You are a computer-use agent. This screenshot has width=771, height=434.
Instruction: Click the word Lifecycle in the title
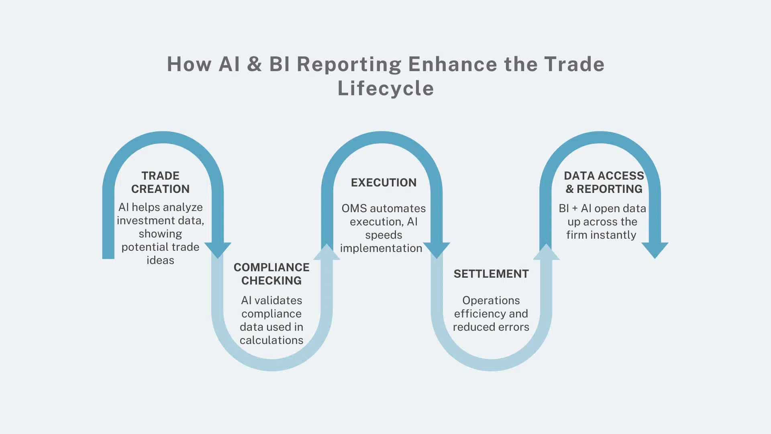[x=385, y=88]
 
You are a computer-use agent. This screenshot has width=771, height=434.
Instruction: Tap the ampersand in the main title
[x=255, y=64]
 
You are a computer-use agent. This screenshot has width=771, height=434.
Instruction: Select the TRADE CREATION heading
[x=160, y=182]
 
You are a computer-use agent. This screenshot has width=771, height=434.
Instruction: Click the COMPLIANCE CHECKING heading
[x=271, y=274]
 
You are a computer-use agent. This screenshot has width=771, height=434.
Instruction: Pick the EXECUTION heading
[x=383, y=182]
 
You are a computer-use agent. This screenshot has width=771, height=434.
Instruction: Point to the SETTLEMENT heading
[x=491, y=274]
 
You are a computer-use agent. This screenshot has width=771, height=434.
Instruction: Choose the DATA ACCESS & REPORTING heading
[x=604, y=182]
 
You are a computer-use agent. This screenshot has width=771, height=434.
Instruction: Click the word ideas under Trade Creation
[x=160, y=260]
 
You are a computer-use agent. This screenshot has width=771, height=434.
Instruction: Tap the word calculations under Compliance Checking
[x=271, y=340]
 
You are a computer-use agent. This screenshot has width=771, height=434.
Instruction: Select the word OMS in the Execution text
[x=354, y=209]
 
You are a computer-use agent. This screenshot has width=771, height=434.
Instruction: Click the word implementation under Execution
[x=381, y=248]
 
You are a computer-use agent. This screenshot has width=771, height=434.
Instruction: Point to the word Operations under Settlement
[x=491, y=301]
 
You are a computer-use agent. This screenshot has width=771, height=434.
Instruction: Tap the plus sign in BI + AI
[x=575, y=209]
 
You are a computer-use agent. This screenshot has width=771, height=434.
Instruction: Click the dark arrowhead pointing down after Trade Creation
[x=218, y=250]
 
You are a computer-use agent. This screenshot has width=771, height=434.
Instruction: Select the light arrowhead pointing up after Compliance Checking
[x=326, y=253]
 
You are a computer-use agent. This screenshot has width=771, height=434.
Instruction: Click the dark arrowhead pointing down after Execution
[x=436, y=250]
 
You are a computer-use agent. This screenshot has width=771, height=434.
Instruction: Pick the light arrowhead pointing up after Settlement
[x=546, y=253]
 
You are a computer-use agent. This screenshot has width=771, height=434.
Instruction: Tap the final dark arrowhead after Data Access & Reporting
[x=655, y=250]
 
